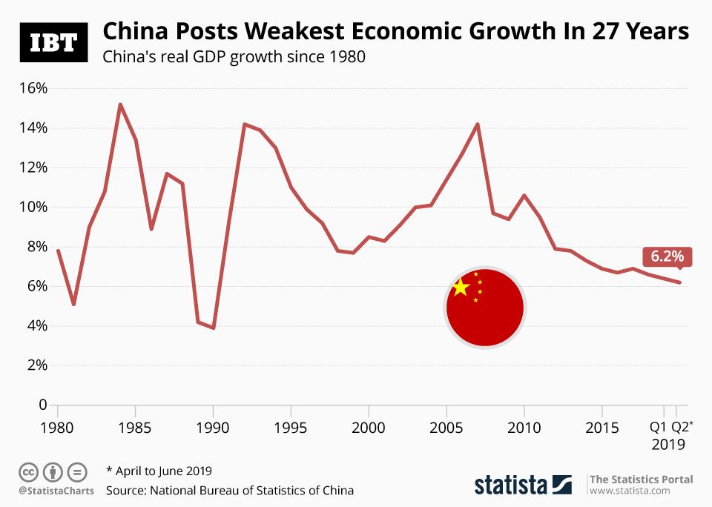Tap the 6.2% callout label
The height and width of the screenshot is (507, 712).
coord(667,256)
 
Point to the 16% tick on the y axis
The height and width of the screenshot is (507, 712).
coord(33,88)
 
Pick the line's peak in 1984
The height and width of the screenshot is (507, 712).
coord(120,105)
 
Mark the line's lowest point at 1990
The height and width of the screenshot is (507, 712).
coord(214,328)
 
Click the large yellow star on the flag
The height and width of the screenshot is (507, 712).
coord(460,288)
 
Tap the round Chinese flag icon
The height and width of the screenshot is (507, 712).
coord(485,308)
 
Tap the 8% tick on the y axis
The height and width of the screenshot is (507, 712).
coord(36,247)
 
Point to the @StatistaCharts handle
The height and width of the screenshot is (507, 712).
coord(51,490)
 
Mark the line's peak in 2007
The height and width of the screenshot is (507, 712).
coord(478,125)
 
